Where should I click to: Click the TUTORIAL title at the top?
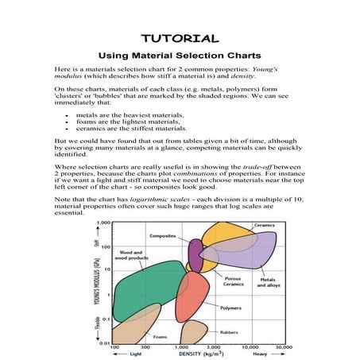(180, 38)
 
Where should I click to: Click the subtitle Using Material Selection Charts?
(180, 56)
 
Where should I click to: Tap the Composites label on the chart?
(163, 236)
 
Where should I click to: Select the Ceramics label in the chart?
(264, 225)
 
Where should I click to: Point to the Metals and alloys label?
(268, 283)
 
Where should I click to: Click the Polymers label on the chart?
(230, 306)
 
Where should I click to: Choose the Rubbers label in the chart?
(229, 331)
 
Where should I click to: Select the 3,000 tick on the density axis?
(213, 348)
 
